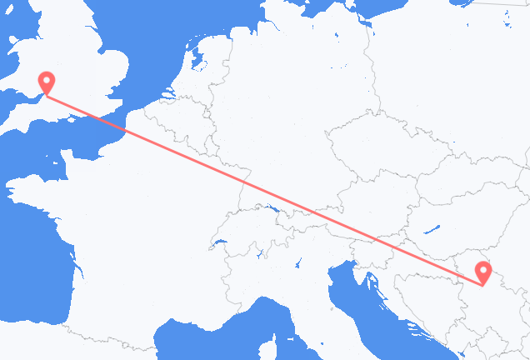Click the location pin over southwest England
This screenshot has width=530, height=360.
[47, 82]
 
